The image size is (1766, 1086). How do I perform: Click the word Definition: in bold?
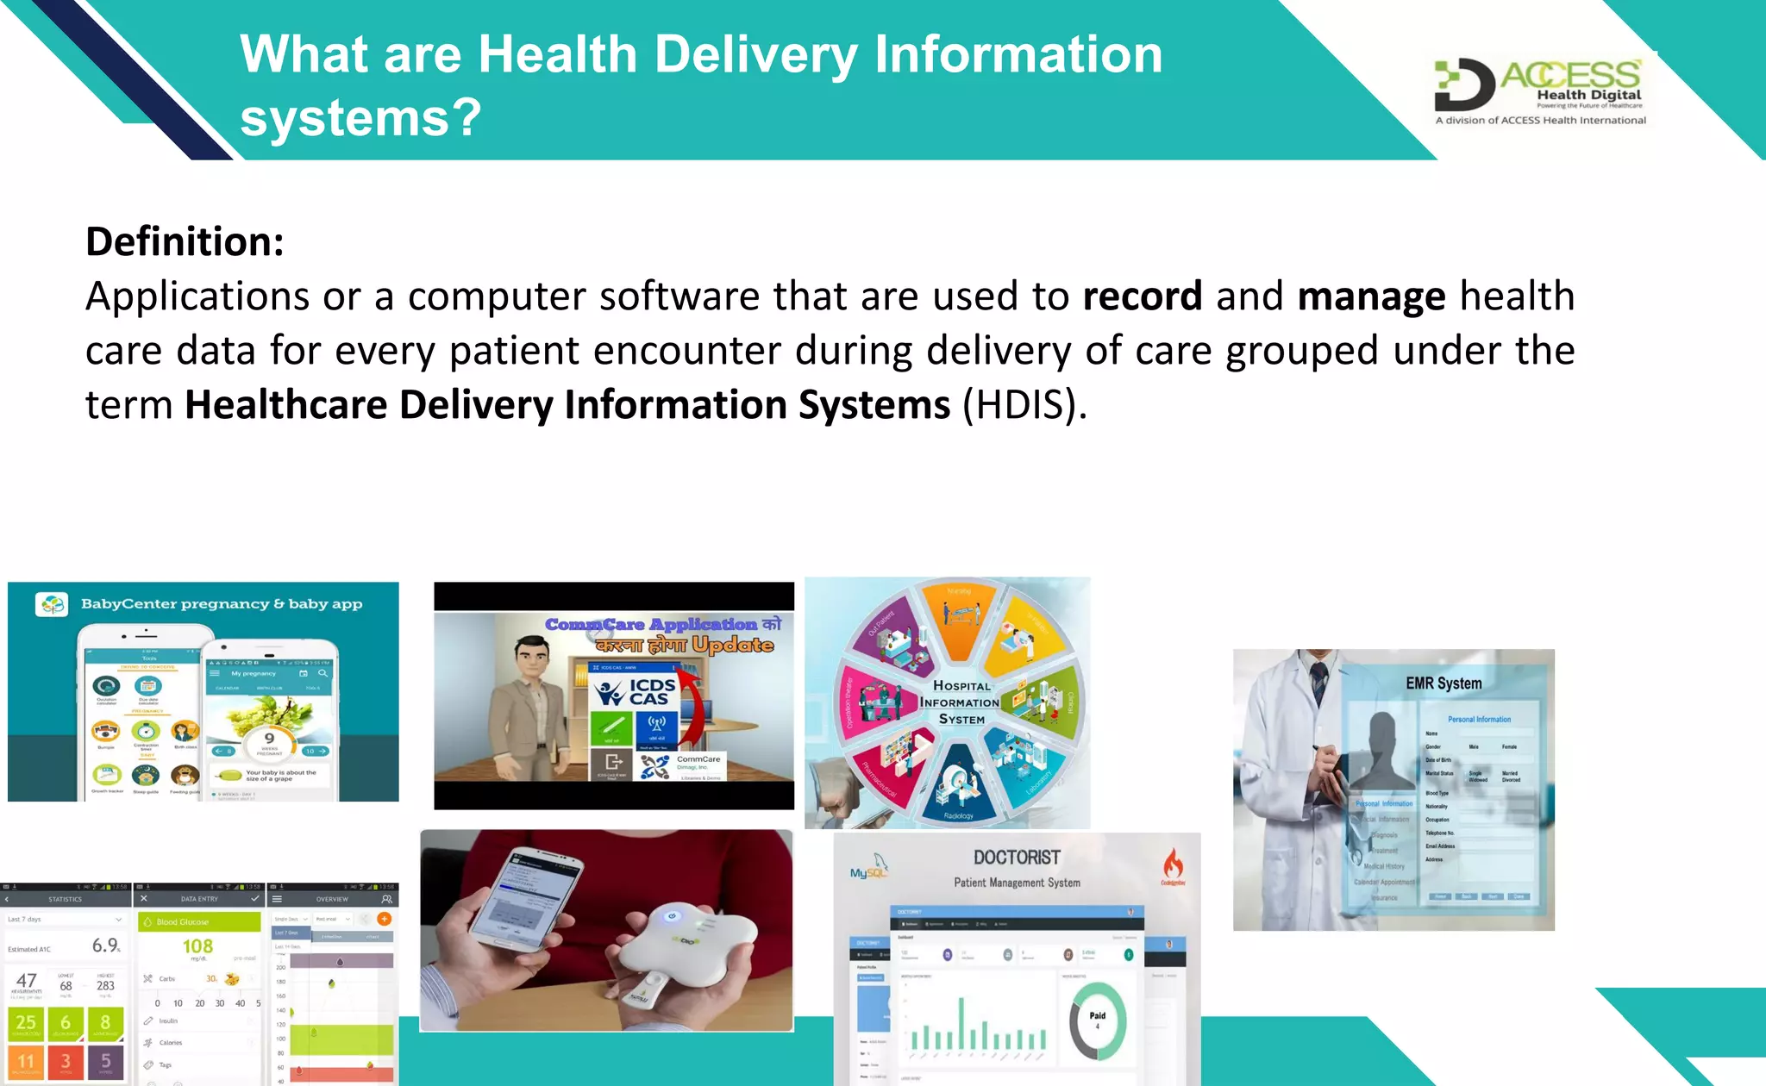tap(185, 241)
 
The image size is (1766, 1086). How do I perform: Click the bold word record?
tap(1142, 296)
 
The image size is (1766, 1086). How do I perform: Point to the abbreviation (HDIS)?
tap(1024, 405)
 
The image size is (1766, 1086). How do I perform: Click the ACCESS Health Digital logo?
tap(1540, 90)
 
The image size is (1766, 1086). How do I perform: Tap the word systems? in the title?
tap(360, 118)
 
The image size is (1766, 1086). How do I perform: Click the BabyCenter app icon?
tap(52, 604)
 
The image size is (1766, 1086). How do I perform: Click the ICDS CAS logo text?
tap(651, 692)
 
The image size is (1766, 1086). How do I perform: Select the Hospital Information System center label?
tap(960, 702)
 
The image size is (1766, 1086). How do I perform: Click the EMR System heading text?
tap(1443, 683)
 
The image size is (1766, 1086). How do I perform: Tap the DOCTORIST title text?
tap(1017, 858)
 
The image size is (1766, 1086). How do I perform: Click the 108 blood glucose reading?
tap(197, 946)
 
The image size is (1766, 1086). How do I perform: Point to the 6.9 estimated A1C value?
tap(105, 946)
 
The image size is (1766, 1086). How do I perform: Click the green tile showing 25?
tap(27, 1023)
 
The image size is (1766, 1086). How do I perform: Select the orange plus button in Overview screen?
tap(385, 919)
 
